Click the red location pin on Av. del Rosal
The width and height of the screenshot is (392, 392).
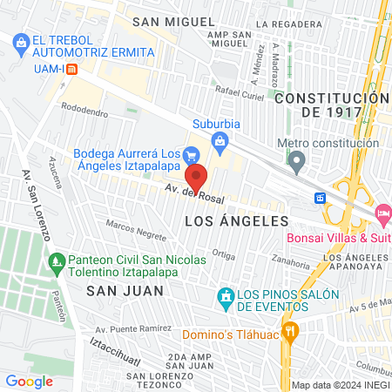197,177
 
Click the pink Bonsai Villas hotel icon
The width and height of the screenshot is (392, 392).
382,214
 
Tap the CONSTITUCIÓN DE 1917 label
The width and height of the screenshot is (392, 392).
326,105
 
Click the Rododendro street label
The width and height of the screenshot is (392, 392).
85,112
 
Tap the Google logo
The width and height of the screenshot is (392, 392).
29,380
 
